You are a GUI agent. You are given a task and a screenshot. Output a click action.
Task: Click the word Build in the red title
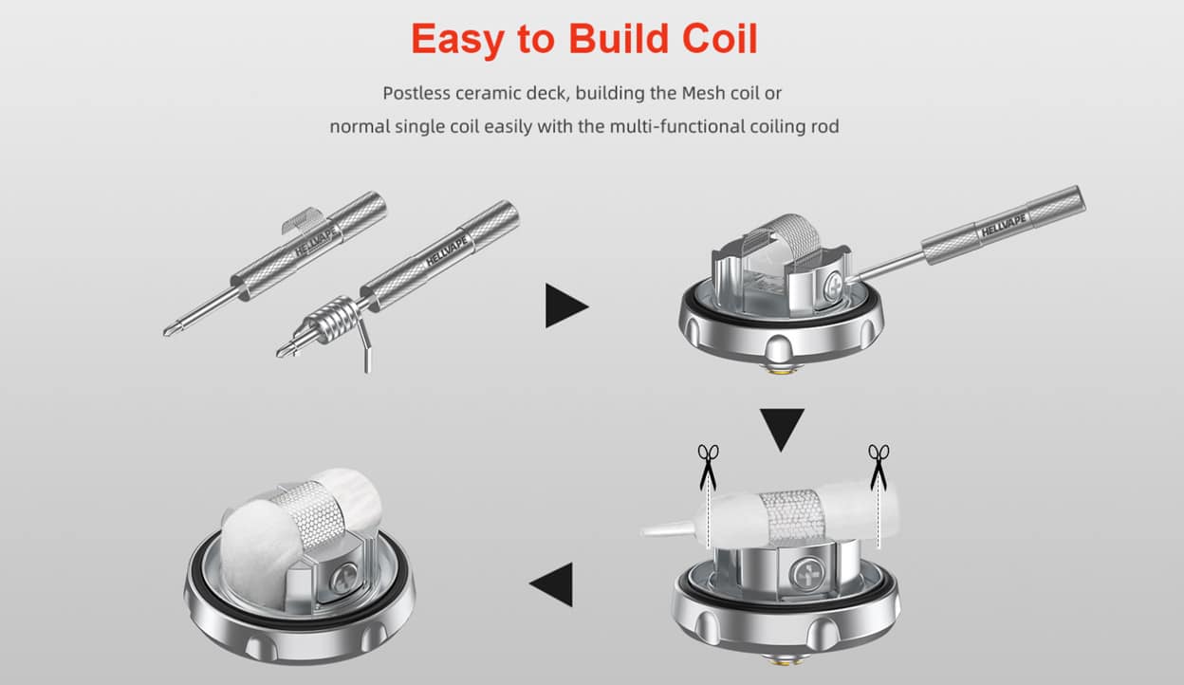click(x=619, y=39)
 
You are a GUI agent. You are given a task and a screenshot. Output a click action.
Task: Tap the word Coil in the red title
click(x=720, y=39)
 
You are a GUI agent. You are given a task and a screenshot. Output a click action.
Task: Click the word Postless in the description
click(x=417, y=94)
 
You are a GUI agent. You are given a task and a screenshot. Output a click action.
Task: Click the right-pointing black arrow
click(x=566, y=305)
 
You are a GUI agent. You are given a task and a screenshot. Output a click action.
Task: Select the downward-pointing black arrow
click(x=782, y=430)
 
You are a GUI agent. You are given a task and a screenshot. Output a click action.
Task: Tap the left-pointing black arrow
click(x=551, y=584)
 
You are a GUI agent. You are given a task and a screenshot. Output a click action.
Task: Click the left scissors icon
click(x=708, y=467)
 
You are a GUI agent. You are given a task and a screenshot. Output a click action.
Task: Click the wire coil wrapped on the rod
click(x=334, y=321)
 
